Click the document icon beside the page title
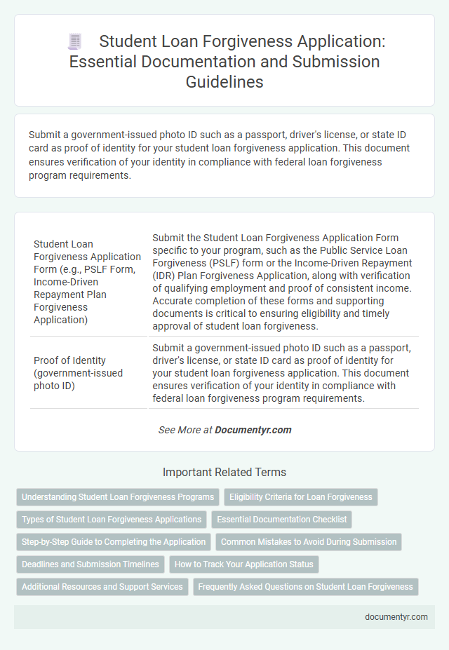(x=76, y=41)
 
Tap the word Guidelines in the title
(x=224, y=82)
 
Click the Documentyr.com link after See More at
(x=253, y=430)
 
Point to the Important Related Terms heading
(x=224, y=473)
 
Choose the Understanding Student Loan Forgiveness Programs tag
(x=118, y=497)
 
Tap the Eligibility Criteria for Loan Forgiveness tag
(x=301, y=497)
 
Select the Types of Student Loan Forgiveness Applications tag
(x=111, y=520)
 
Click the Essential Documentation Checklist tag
(x=281, y=520)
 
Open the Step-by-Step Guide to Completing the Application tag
(x=114, y=542)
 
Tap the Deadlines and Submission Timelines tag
(x=90, y=564)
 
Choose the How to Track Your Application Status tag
(x=244, y=564)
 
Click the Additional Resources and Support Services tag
(x=102, y=587)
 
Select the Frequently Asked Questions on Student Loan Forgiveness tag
(x=306, y=587)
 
